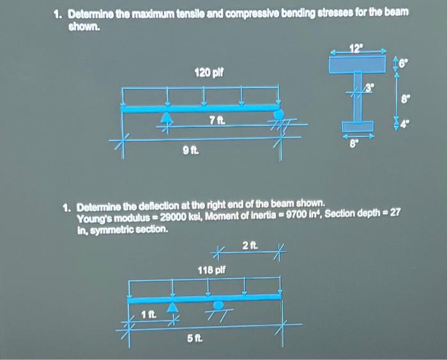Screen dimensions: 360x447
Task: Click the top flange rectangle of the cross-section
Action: click(358, 64)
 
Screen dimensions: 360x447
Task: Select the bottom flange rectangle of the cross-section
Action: click(357, 126)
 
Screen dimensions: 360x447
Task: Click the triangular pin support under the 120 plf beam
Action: click(167, 117)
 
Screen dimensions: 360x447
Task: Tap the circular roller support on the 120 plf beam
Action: click(278, 115)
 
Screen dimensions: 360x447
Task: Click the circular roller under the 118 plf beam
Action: click(218, 304)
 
